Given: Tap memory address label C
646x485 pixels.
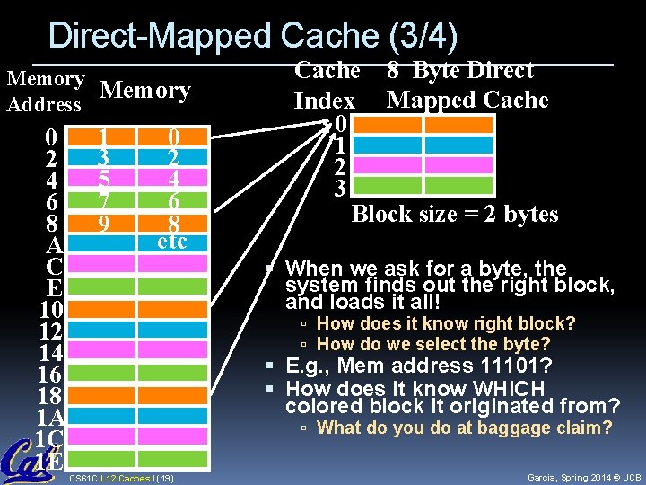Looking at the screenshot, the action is click(52, 267).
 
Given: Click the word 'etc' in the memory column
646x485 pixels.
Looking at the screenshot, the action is click(171, 242).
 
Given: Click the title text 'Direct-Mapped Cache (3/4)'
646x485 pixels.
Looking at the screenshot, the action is click(252, 36).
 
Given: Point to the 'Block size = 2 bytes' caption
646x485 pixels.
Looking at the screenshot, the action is click(455, 215).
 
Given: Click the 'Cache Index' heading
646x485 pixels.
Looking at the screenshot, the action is click(326, 84).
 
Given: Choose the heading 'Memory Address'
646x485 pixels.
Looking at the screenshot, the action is click(45, 92).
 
